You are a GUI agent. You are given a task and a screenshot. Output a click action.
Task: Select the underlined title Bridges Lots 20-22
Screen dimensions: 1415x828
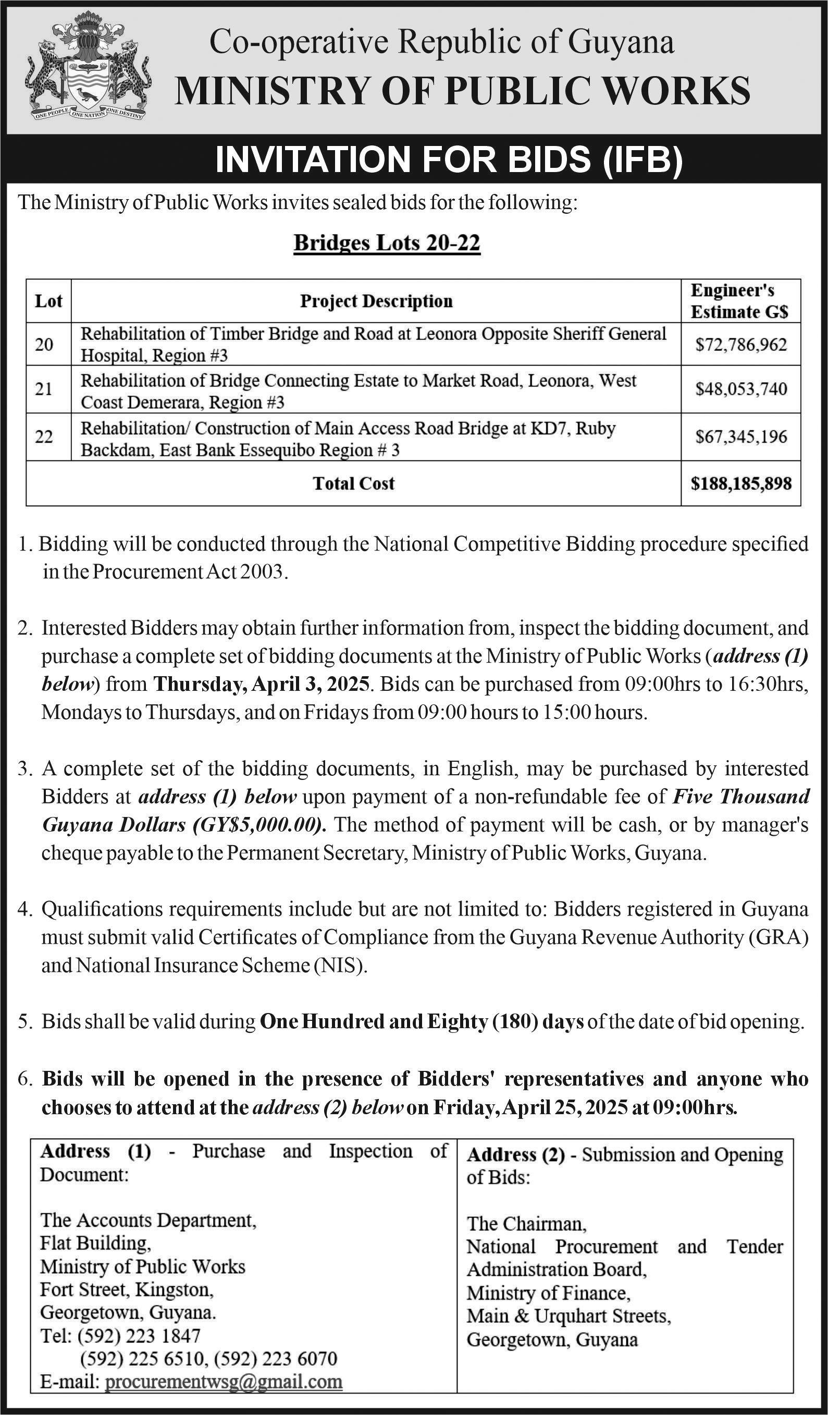point(387,243)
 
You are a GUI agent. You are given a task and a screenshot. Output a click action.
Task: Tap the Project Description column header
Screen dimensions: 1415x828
point(376,301)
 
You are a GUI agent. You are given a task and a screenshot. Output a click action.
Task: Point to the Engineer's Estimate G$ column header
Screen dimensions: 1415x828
point(739,301)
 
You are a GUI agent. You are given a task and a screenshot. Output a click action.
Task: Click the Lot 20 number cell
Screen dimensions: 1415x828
point(44,344)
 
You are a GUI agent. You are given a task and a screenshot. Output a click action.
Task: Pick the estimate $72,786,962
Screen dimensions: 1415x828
point(741,344)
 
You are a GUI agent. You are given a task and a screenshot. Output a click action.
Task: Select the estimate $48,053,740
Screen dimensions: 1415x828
point(741,389)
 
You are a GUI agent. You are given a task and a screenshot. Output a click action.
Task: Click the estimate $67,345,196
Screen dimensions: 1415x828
point(741,436)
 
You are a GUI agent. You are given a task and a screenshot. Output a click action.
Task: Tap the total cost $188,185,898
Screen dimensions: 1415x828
point(741,483)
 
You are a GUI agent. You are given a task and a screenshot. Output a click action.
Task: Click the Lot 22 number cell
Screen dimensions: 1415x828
point(44,436)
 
